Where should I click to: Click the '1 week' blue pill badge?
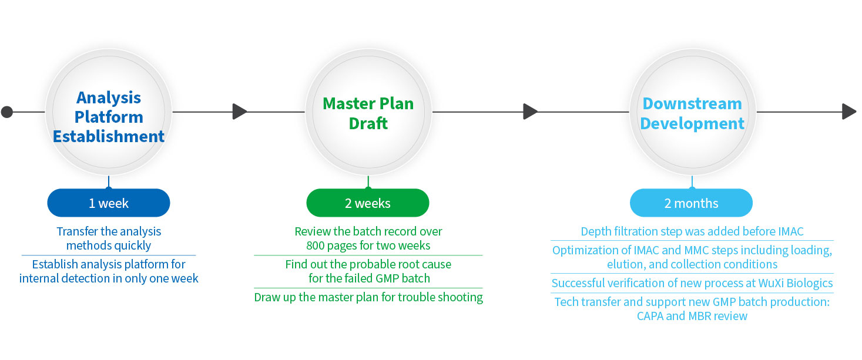(109, 204)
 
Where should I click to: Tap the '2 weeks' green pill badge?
(368, 204)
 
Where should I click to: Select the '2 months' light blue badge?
(691, 204)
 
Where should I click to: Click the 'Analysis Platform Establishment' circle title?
(109, 117)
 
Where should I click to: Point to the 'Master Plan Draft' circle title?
(368, 113)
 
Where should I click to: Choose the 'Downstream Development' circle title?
(692, 113)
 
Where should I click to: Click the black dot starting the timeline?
(7, 112)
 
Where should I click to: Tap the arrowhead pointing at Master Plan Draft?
(239, 112)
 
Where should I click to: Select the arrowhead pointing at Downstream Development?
(530, 112)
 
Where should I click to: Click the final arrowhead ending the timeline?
(848, 112)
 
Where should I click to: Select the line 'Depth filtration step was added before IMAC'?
(692, 231)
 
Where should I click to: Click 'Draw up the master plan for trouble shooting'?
(368, 297)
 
